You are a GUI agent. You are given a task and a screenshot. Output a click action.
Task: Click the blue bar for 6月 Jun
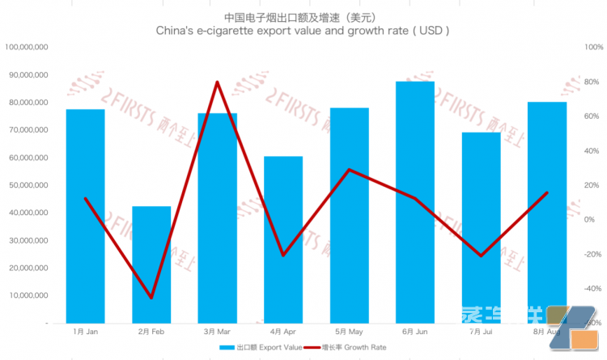click(415, 202)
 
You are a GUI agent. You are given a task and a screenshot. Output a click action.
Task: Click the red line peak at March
click(217, 82)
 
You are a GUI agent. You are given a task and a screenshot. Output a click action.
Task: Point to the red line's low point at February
click(151, 298)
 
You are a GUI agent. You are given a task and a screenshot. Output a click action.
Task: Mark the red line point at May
click(349, 170)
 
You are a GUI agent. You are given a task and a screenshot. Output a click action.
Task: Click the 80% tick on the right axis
click(591, 83)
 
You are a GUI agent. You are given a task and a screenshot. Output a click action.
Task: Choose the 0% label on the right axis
click(591, 219)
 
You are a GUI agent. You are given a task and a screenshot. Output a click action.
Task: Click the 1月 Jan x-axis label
click(85, 332)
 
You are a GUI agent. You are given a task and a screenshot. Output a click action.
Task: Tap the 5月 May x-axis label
click(349, 332)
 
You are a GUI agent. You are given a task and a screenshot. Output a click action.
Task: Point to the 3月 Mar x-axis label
click(217, 332)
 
